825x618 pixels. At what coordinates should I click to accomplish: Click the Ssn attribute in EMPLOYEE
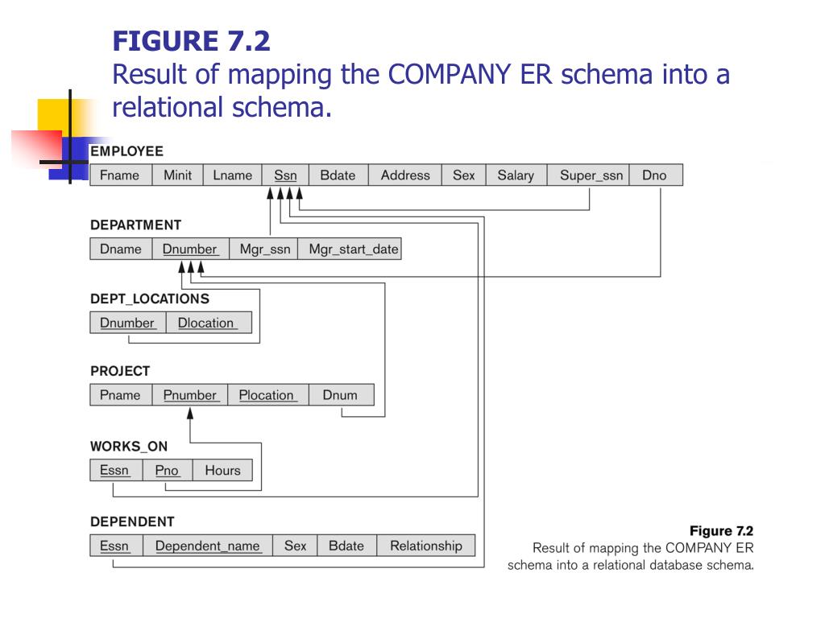point(285,175)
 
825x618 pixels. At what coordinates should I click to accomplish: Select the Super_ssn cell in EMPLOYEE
point(591,175)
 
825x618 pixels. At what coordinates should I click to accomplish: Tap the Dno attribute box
point(654,175)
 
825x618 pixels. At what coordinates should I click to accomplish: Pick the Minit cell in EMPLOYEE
point(177,175)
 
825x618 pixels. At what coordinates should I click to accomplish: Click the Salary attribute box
point(516,175)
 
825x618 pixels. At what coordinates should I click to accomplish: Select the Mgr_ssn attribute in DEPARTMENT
point(265,249)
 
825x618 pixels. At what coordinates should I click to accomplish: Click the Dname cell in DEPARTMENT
point(121,249)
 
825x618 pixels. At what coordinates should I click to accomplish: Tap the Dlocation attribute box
point(206,323)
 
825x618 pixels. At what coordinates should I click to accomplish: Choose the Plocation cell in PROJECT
point(267,395)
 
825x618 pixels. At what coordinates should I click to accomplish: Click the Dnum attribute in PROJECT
point(340,395)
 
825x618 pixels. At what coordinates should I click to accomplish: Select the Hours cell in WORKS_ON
point(222,471)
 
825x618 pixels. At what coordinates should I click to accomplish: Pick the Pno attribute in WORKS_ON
point(167,471)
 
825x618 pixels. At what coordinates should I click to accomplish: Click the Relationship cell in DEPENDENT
point(426,546)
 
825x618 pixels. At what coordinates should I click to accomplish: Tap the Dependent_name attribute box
point(208,546)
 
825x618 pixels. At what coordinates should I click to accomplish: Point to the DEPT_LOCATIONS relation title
point(149,299)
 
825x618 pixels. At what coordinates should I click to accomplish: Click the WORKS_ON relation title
point(129,446)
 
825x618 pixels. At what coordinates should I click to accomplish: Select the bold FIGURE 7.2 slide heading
point(192,39)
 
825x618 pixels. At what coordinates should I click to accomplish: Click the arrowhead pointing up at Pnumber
point(191,414)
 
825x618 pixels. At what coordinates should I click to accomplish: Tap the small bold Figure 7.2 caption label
point(721,531)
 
